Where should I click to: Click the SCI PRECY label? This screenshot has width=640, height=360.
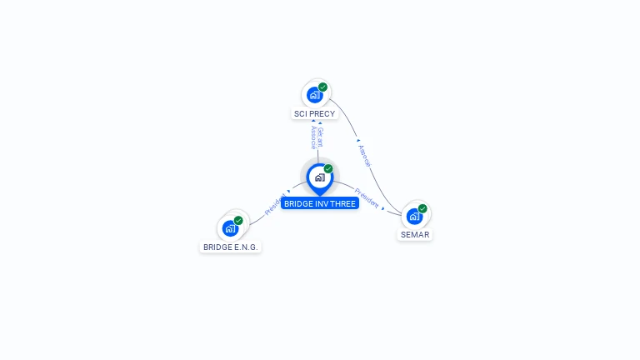[x=314, y=113]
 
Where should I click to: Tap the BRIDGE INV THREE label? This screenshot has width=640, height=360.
[x=320, y=203]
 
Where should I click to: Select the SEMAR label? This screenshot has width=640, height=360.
[x=414, y=234]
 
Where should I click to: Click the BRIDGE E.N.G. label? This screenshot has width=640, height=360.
[x=231, y=247]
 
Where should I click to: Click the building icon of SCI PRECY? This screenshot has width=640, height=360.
[x=314, y=95]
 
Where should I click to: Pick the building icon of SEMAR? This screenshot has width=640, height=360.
[x=413, y=217]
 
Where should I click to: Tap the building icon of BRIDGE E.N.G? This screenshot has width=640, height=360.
[x=230, y=228]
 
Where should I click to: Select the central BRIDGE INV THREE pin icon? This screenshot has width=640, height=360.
[x=319, y=177]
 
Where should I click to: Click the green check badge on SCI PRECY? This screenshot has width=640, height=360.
[x=322, y=87]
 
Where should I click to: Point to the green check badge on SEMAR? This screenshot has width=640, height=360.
[x=422, y=208]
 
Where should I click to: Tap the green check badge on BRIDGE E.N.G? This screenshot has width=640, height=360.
[x=238, y=220]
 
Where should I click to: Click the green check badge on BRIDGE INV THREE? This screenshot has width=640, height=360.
[x=328, y=168]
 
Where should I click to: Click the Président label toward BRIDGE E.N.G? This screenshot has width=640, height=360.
[x=275, y=204]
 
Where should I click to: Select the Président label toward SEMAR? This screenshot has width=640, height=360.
[x=367, y=197]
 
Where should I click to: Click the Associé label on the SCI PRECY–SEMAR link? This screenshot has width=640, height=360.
[x=364, y=155]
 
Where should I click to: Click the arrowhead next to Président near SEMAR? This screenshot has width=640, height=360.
[x=383, y=208]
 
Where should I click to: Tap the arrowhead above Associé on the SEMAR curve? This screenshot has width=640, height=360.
[x=357, y=140]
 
